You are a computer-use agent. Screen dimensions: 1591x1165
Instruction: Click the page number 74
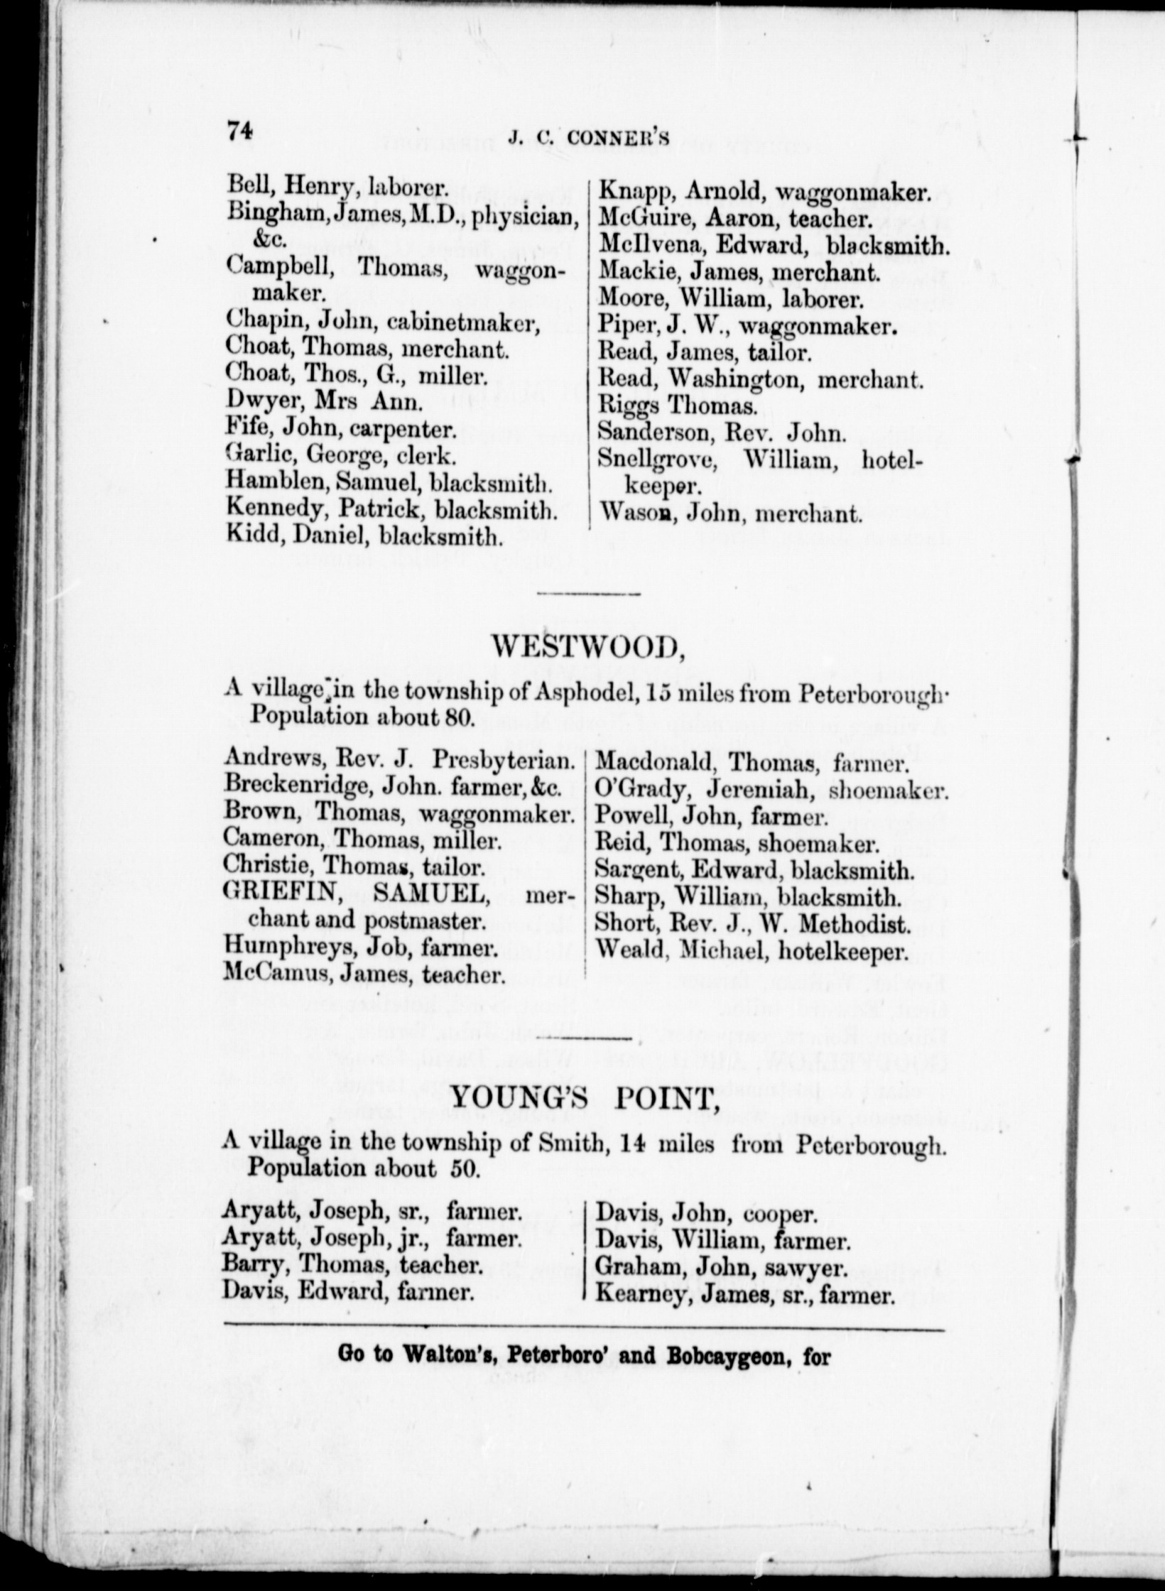(239, 133)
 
